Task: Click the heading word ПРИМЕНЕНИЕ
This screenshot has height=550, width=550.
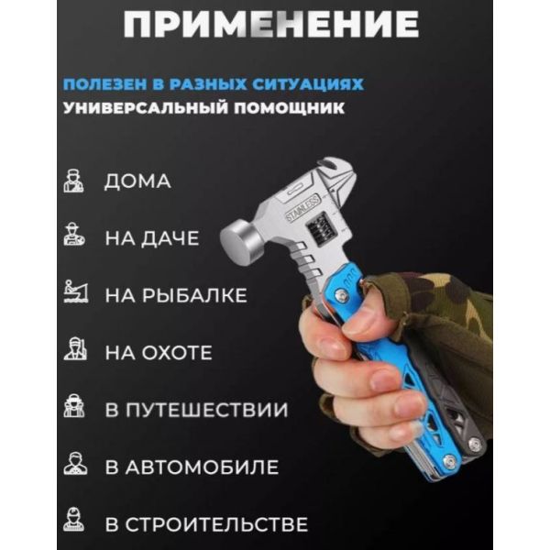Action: click(x=270, y=24)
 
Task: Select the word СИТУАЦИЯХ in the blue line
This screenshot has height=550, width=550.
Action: click(x=308, y=84)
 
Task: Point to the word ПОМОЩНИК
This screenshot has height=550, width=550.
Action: click(x=289, y=107)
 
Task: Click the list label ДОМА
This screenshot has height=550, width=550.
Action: click(x=137, y=181)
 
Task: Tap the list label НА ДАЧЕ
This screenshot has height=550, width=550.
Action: click(x=152, y=238)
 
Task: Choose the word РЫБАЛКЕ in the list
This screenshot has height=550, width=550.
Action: click(x=194, y=295)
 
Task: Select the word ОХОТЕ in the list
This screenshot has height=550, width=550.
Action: click(x=177, y=352)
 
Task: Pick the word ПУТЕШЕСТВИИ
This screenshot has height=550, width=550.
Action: click(x=206, y=410)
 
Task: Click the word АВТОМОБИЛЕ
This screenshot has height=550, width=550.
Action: click(x=202, y=467)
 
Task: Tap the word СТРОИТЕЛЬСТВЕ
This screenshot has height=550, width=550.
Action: click(x=216, y=524)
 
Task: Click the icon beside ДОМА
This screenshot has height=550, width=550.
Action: click(x=73, y=181)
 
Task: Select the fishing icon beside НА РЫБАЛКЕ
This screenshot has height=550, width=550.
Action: click(x=76, y=291)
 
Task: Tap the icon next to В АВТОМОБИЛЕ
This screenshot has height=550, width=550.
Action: click(x=75, y=463)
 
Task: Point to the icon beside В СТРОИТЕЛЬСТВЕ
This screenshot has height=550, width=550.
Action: click(x=73, y=520)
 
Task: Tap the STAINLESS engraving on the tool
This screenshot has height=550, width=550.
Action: click(x=303, y=208)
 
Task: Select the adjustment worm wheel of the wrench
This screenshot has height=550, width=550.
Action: click(x=320, y=230)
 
